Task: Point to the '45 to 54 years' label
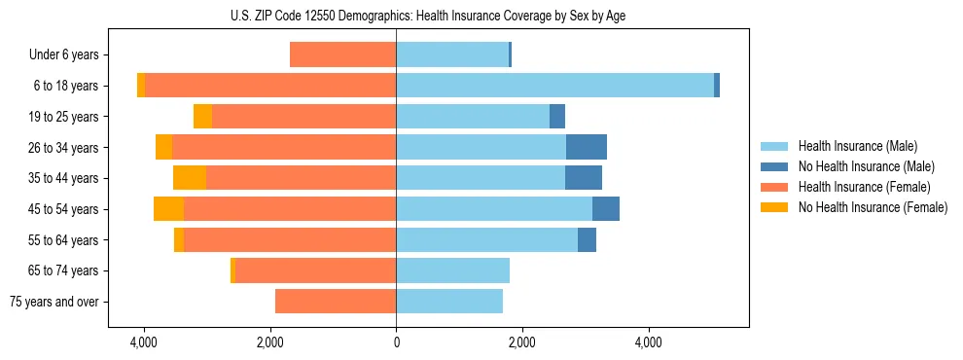(x=63, y=209)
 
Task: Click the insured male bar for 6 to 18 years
(x=554, y=86)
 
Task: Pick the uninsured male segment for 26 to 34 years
(x=587, y=147)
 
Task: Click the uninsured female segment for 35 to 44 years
(x=190, y=178)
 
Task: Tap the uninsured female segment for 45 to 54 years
(x=168, y=209)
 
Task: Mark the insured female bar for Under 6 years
(x=342, y=55)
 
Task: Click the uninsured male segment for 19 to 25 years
(x=557, y=117)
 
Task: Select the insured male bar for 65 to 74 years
(x=452, y=270)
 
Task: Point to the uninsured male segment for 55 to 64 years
(x=587, y=240)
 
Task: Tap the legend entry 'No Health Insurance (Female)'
(x=873, y=207)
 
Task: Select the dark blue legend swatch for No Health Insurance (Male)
(x=775, y=166)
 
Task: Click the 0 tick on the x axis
(x=396, y=342)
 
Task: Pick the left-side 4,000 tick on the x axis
(x=144, y=342)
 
